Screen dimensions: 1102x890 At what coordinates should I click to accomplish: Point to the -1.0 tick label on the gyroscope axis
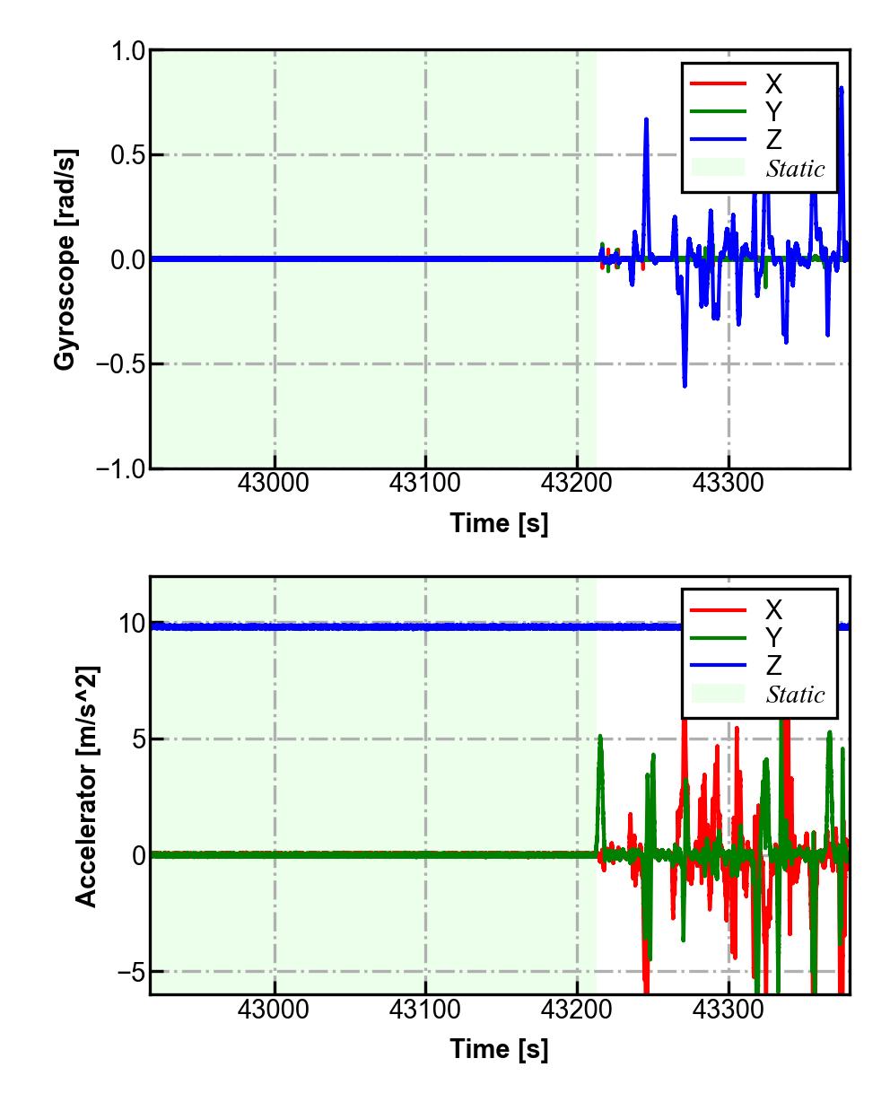coord(122,468)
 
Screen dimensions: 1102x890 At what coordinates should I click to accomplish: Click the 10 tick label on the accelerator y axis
coord(131,624)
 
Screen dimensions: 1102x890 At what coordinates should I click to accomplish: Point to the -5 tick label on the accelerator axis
coord(129,972)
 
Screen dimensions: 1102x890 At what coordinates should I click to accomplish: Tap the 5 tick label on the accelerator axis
coord(138,739)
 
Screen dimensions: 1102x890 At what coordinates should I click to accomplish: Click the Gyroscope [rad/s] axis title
coord(65,258)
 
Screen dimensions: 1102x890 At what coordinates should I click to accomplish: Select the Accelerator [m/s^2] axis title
coord(86,785)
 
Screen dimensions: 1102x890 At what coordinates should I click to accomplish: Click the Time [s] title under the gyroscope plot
coord(499,523)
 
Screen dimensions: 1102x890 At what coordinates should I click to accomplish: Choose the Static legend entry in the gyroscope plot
coord(795,169)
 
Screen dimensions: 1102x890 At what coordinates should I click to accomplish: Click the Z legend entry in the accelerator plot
coord(773,666)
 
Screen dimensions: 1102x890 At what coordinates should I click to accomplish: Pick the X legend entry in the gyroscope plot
coord(773,84)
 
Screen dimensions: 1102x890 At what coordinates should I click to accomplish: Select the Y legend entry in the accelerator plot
coord(773,638)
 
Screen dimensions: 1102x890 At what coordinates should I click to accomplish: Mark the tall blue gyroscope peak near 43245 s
coord(646,120)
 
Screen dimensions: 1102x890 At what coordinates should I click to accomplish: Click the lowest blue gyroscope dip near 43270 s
coord(685,385)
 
